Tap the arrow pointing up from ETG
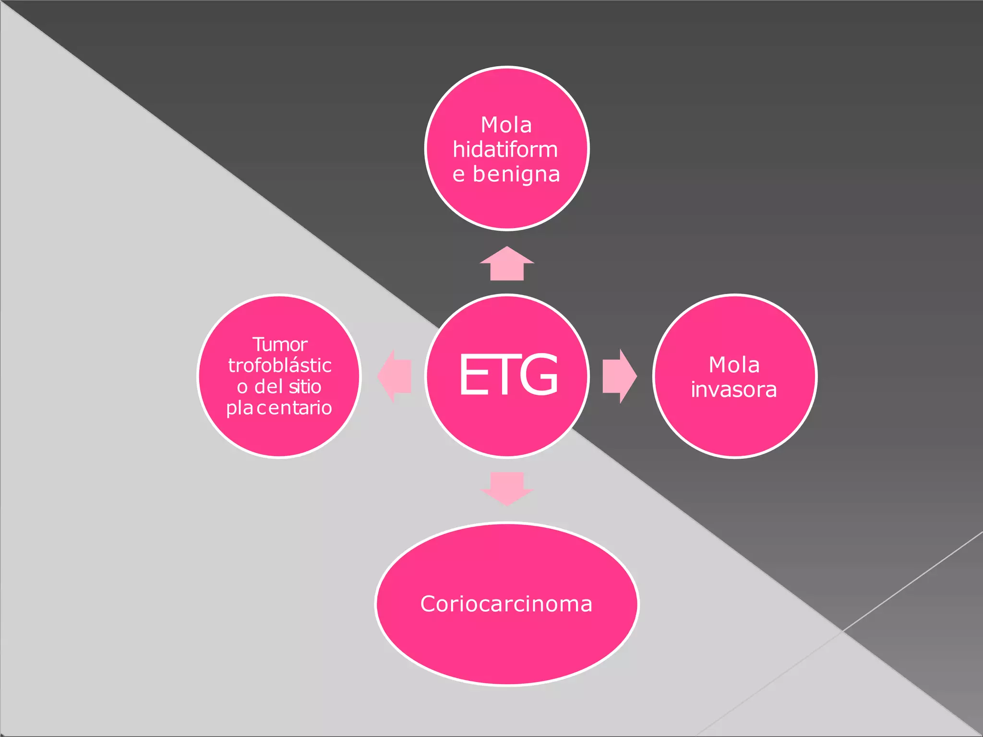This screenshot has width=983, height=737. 507,263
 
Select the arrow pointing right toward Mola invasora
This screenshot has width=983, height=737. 620,376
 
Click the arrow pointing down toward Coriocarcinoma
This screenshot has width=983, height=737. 507,489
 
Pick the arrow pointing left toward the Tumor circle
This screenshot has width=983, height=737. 395,376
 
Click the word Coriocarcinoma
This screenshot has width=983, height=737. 506,604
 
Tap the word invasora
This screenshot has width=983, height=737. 734,389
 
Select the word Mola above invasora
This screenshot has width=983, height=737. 734,365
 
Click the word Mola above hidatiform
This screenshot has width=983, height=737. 506,125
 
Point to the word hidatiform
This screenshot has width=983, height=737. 505,149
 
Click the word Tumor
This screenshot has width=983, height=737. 280,345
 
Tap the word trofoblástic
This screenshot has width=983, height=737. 280,365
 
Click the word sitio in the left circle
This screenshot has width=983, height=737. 305,386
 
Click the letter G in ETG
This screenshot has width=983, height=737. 539,374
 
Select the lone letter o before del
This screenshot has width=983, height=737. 242,388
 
